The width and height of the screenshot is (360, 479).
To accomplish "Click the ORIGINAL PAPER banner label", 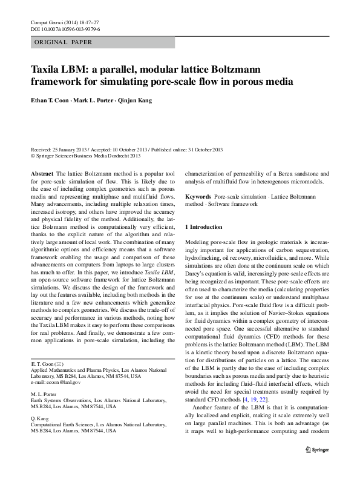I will [63, 42].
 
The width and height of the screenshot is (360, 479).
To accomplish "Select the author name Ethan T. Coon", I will [54, 101].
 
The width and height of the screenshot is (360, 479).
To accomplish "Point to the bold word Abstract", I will [41, 173].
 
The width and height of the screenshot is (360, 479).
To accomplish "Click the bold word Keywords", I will [198, 197].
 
